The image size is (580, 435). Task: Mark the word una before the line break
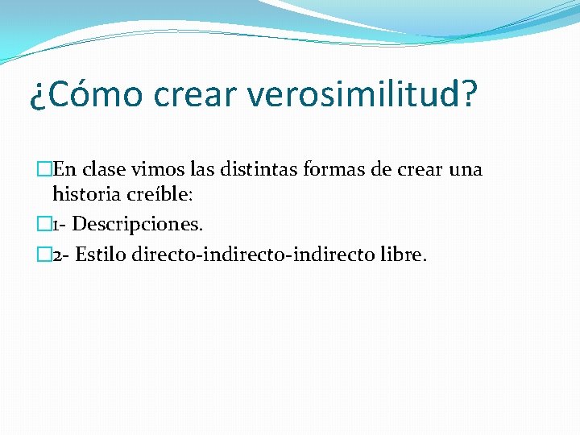click(466, 170)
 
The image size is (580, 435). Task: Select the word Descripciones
click(138, 224)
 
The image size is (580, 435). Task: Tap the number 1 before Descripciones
click(55, 224)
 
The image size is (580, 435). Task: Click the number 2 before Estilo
click(56, 255)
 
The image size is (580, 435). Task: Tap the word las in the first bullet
click(205, 170)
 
